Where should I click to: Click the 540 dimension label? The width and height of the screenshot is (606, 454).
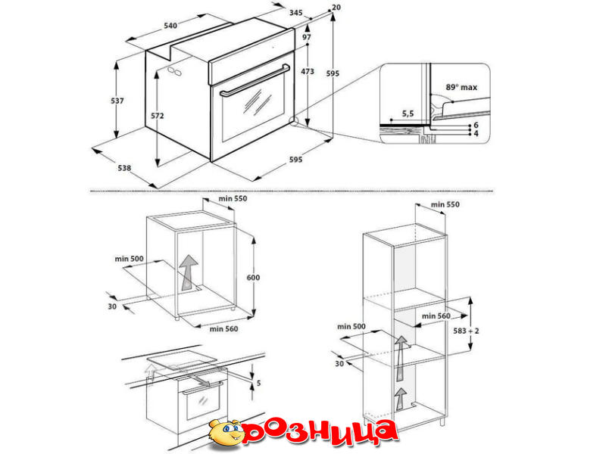pos(170,26)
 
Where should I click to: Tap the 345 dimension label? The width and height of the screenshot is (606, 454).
pos(295,13)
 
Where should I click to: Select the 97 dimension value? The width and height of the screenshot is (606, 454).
pos(307,37)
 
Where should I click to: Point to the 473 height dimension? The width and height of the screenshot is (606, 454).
pos(308,71)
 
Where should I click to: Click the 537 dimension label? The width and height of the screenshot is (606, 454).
pos(117,101)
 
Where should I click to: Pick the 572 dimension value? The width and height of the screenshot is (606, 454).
pos(158,116)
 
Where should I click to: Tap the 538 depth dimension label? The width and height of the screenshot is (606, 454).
pos(124,168)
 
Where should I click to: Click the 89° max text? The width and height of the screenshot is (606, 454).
pos(461,87)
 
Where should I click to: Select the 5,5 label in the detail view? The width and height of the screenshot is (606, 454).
pos(408,113)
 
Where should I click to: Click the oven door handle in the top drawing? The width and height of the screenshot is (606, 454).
pos(255,80)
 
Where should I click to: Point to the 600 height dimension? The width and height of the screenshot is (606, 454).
pos(253,277)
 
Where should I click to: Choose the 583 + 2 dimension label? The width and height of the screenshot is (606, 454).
pos(466,331)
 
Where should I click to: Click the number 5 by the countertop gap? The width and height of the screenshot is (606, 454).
pos(258,383)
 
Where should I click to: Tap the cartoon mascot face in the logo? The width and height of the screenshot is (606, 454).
pos(225,433)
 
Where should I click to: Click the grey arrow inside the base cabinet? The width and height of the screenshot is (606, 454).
pos(189,272)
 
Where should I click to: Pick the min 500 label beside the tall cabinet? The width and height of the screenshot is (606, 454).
pos(351,327)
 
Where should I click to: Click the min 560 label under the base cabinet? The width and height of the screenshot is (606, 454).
pos(223,329)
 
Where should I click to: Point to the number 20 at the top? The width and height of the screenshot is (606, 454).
pos(336,8)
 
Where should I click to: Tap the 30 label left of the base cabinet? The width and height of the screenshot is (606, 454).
pos(112,306)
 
